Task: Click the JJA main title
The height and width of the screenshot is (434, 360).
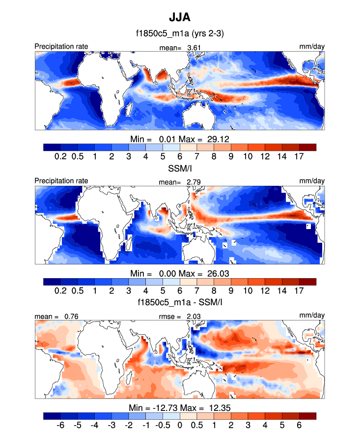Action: (x=180, y=18)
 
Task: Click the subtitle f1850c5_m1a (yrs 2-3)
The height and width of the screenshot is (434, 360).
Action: (x=180, y=33)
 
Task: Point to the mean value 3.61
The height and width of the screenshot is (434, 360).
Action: (x=194, y=48)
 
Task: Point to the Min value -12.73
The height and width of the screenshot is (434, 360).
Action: (x=154, y=407)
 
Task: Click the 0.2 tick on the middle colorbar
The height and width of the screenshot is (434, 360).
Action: (x=61, y=290)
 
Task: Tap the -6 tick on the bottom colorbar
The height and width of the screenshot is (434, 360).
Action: (x=61, y=425)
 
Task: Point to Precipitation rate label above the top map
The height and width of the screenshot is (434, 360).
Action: (x=61, y=47)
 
